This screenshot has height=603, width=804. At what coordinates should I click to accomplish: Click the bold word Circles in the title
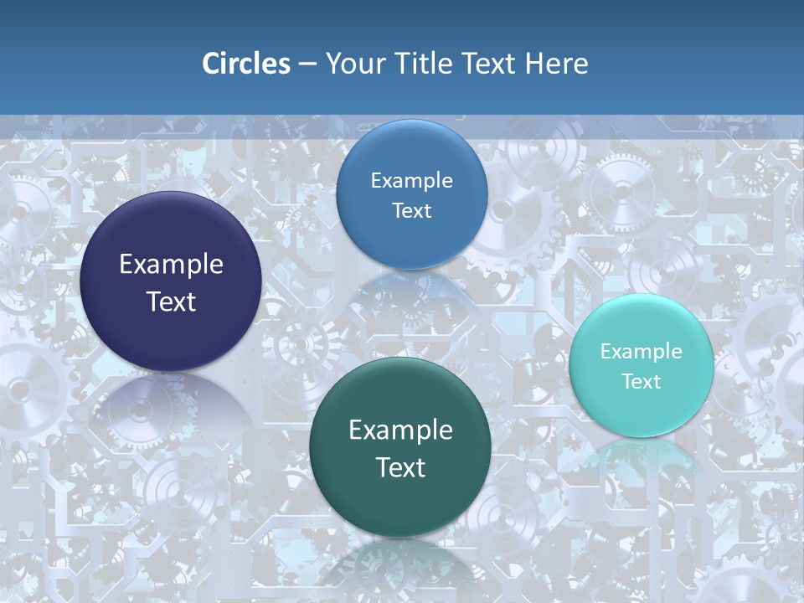(x=245, y=64)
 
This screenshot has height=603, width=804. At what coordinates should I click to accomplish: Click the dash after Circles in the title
(x=307, y=64)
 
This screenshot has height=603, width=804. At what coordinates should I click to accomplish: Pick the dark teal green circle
(x=400, y=502)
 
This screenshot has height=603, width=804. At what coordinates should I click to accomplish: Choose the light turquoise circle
(x=642, y=410)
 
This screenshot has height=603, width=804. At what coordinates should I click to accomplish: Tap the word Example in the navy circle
(x=171, y=265)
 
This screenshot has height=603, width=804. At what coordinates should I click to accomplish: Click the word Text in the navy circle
(x=171, y=301)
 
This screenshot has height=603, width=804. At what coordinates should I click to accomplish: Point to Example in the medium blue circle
(x=411, y=181)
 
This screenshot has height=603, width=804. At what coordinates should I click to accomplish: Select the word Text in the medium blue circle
(x=411, y=210)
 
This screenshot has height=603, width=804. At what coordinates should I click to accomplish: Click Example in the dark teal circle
(x=400, y=430)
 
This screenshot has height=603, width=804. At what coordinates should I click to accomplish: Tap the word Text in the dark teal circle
(x=400, y=467)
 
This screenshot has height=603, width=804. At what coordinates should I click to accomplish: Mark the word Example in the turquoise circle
(x=642, y=352)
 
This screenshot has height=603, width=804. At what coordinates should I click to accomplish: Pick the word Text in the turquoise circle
(x=642, y=381)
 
